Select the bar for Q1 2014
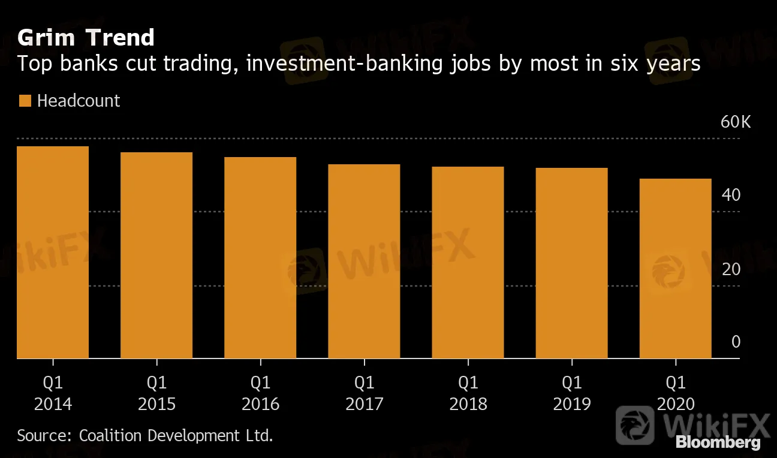point(53,252)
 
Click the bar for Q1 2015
point(156,255)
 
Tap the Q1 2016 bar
point(260,258)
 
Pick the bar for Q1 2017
point(364,261)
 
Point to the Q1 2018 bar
point(468,263)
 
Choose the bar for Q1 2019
point(571,263)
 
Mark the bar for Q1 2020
point(676,269)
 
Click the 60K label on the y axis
point(735,122)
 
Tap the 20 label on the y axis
point(731,269)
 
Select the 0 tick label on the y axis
point(736,342)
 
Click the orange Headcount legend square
point(25,101)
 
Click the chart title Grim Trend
point(86,38)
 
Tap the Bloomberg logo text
point(718,443)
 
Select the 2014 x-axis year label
point(53,405)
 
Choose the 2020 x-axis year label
point(676,405)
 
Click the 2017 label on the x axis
point(364,405)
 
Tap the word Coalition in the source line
point(108,435)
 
